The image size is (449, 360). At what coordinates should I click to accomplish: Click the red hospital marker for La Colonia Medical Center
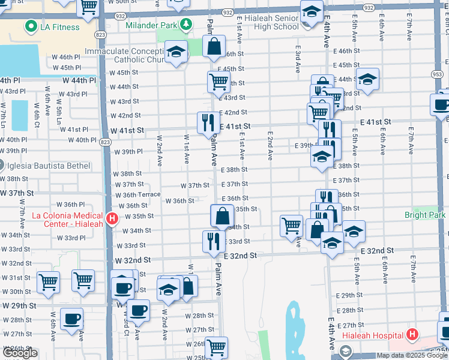coord(111,220)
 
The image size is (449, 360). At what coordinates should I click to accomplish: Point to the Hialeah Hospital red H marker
coord(412,334)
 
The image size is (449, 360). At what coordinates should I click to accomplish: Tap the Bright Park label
coord(424,215)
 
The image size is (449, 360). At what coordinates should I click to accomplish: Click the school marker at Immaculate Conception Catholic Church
coord(176,52)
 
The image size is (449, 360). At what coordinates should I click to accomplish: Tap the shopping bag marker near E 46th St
coord(214,46)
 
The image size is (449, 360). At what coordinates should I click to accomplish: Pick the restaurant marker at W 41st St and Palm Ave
coord(206,122)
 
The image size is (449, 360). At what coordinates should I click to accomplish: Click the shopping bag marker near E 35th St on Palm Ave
coord(222,215)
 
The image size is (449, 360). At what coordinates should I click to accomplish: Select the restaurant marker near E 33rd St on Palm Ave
coord(214,241)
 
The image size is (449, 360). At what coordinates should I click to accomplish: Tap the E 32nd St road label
coord(241,256)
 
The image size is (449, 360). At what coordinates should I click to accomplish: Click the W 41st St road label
coord(127,130)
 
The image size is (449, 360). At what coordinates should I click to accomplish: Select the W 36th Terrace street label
coord(137,194)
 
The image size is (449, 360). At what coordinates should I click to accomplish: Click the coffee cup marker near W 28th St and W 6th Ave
coord(73,319)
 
